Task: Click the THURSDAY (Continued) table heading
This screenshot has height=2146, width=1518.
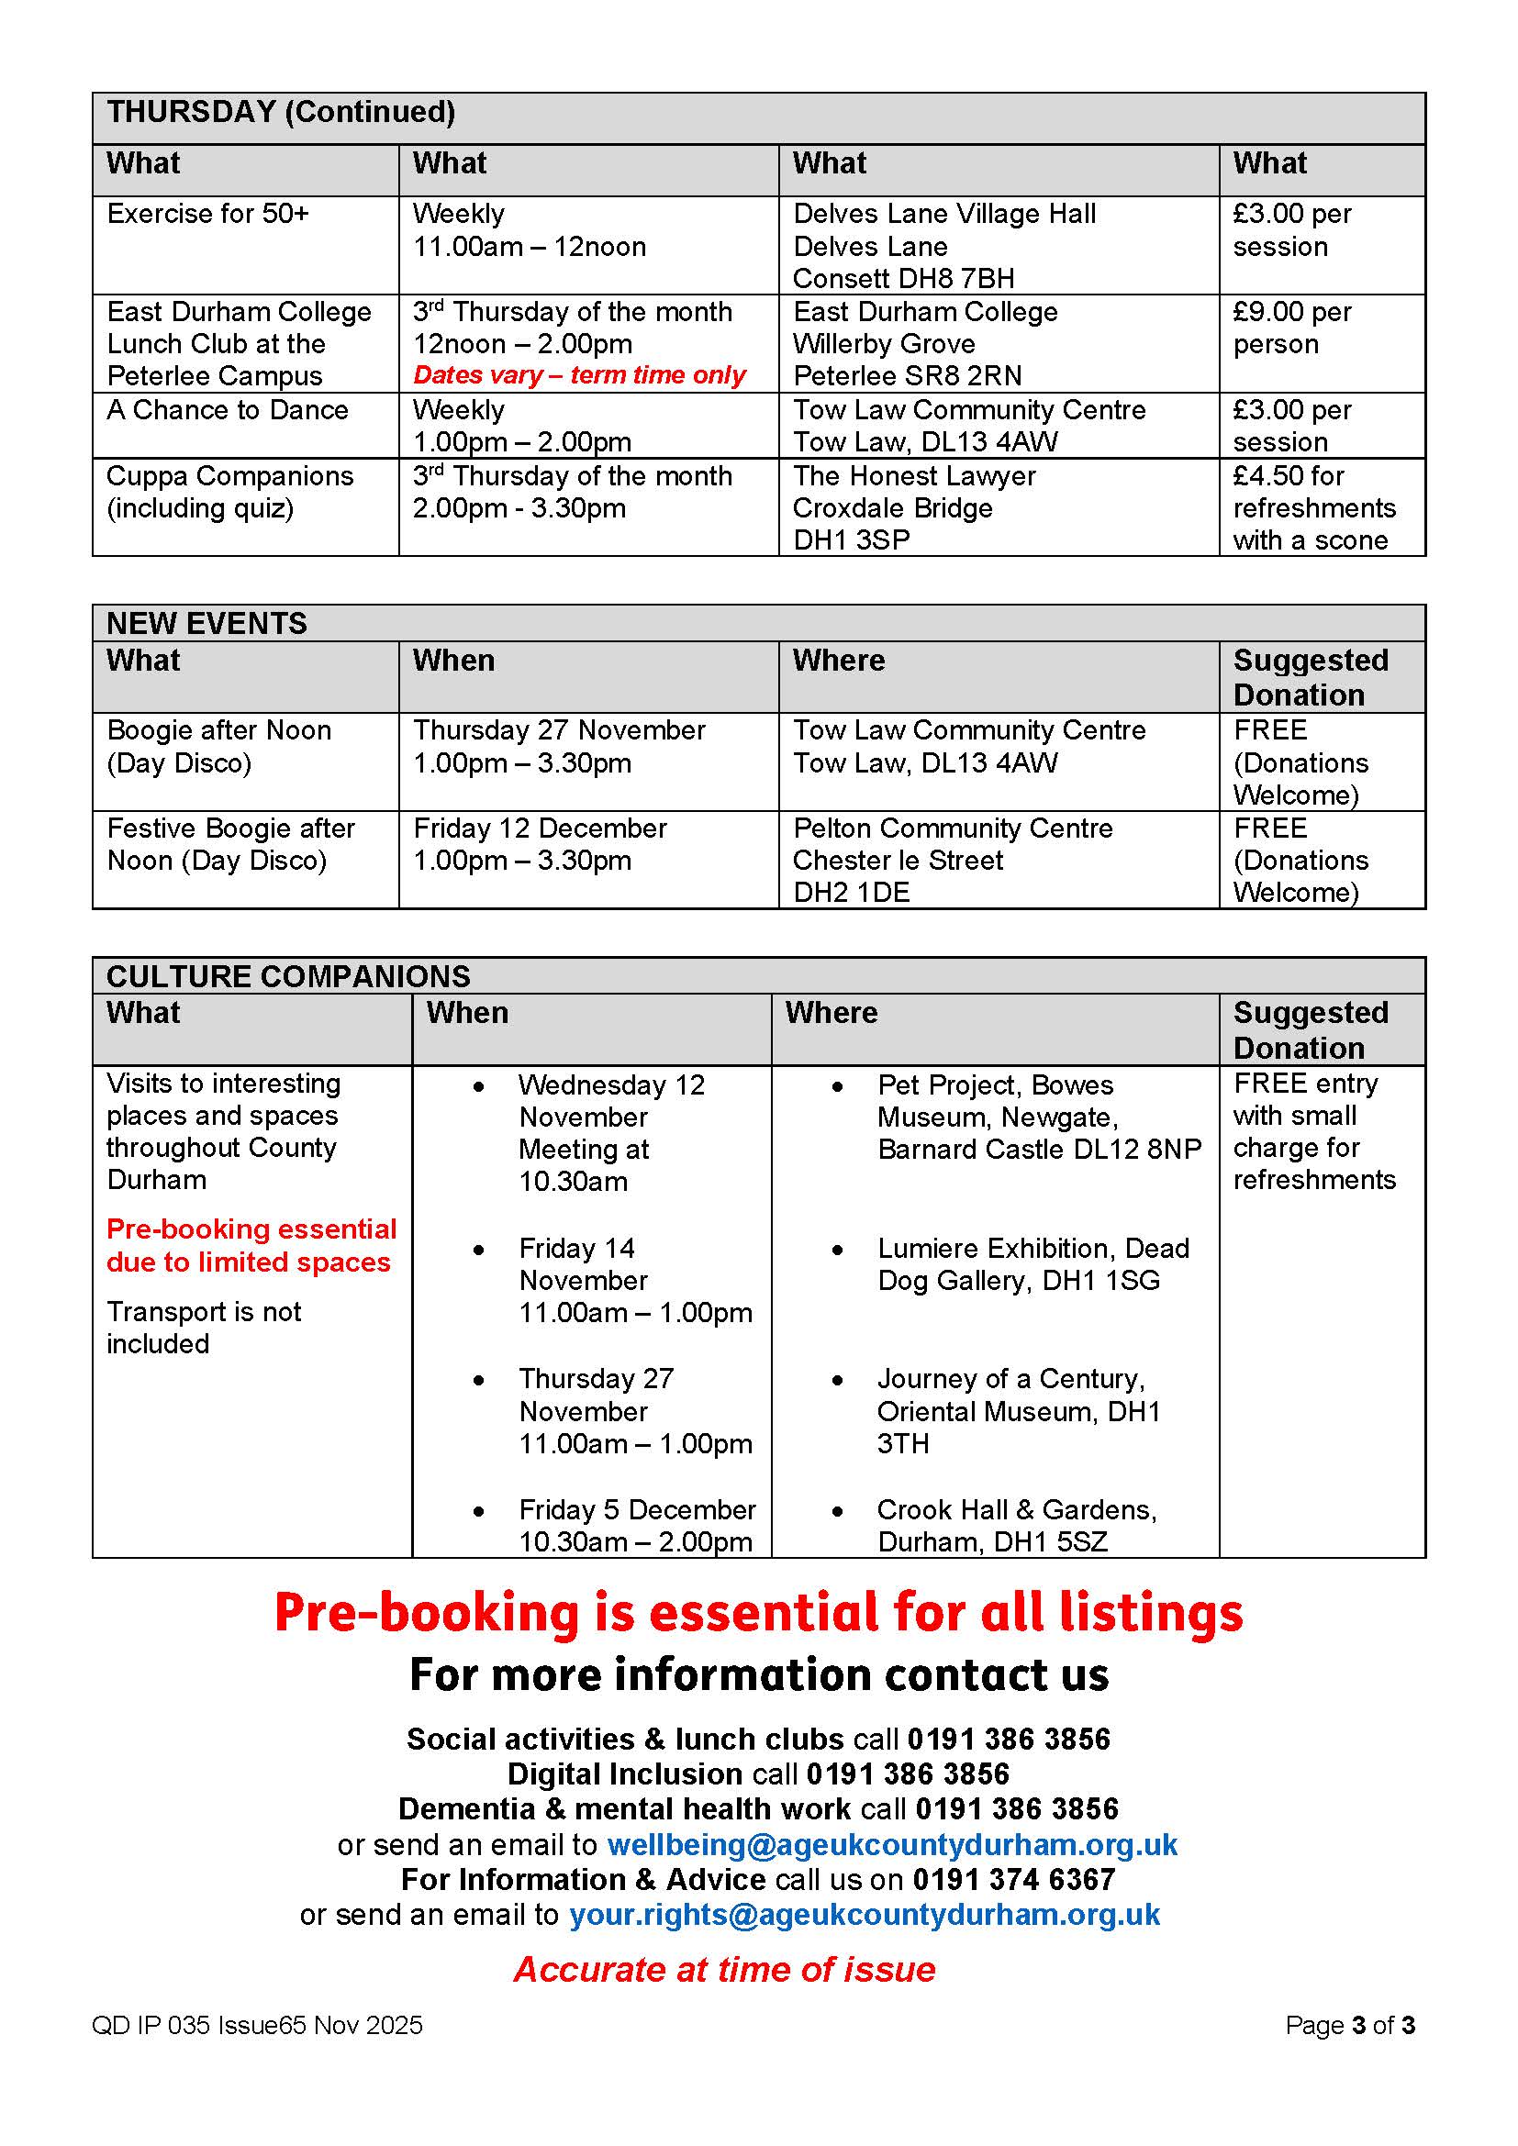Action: pyautogui.click(x=281, y=113)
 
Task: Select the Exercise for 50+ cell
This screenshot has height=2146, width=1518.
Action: pyautogui.click(x=207, y=214)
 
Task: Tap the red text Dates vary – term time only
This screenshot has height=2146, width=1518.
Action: pyautogui.click(x=578, y=376)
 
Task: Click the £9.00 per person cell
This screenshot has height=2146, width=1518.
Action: pyautogui.click(x=1292, y=328)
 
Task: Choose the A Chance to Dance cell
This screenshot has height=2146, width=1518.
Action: pyautogui.click(x=227, y=410)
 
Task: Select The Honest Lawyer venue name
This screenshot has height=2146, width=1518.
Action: pyautogui.click(x=913, y=477)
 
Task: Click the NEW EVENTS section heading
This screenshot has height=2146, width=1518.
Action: pyautogui.click(x=206, y=623)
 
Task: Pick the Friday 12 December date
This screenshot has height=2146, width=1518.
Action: pyautogui.click(x=540, y=828)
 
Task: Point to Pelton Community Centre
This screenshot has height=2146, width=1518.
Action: pyautogui.click(x=953, y=828)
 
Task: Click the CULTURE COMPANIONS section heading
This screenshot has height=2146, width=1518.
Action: pyautogui.click(x=288, y=976)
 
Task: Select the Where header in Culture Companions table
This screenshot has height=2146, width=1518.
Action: pyautogui.click(x=831, y=1013)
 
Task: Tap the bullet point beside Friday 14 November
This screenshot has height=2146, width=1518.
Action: pyautogui.click(x=478, y=1250)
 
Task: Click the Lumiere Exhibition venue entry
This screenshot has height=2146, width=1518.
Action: pyautogui.click(x=1032, y=1264)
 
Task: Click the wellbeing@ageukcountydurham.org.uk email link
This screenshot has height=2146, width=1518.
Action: pyautogui.click(x=892, y=1845)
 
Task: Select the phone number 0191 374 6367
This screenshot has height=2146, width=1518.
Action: pyautogui.click(x=1013, y=1880)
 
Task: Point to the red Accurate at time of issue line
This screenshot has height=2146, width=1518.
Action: pyautogui.click(x=724, y=1969)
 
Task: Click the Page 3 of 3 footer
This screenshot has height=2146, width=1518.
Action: pyautogui.click(x=1349, y=2026)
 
